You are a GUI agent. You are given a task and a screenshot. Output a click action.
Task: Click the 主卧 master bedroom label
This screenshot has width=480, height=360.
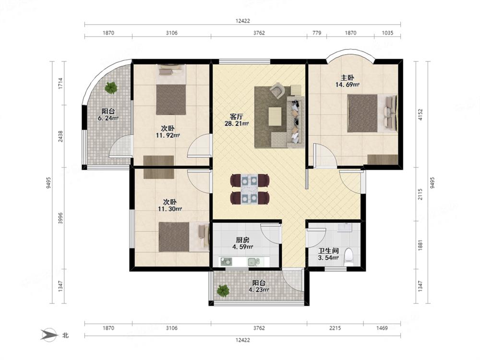pos(348,78)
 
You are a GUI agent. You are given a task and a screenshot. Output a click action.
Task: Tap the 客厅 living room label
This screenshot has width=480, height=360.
pos(236,117)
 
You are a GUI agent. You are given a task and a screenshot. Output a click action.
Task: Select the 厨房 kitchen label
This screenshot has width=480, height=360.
pos(242,240)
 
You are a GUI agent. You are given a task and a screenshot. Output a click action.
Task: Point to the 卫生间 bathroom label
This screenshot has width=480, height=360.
pos(328,251)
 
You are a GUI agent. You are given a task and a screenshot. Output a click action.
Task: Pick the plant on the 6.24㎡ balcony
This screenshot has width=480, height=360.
pos(111,88)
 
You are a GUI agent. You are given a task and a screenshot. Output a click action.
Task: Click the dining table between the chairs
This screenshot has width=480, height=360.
pos(250,189)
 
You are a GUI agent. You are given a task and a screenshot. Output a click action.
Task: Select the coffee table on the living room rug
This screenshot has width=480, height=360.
pos(275,116)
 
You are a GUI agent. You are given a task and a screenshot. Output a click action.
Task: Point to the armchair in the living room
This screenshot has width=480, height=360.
pos(277,91)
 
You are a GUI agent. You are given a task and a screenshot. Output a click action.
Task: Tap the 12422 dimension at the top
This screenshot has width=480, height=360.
pos(242,21)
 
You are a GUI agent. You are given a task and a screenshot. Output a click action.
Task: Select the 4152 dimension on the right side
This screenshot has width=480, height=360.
pos(420,115)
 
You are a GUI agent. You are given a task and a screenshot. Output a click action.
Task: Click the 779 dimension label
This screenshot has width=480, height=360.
pos(317,33)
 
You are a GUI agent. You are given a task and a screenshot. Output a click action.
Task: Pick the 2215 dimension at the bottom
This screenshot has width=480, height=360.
pos(335,328)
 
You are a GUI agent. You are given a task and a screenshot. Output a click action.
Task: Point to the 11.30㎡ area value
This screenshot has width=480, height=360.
pos(170,209)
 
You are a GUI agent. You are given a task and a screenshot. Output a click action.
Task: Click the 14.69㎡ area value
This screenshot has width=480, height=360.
pos(348,85)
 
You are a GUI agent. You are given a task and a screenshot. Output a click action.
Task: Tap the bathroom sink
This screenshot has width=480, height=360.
pos(345,227)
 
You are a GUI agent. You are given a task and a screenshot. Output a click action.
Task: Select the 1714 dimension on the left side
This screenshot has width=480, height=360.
pos(60,83)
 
